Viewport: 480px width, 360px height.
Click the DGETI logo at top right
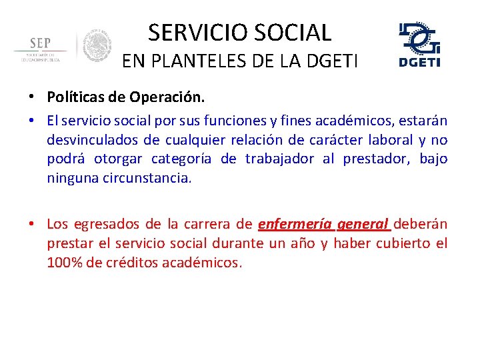419,45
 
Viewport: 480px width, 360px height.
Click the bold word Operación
172,97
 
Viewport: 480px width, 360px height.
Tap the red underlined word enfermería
295,225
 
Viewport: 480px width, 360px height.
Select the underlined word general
364,225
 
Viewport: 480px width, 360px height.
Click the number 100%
65,263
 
